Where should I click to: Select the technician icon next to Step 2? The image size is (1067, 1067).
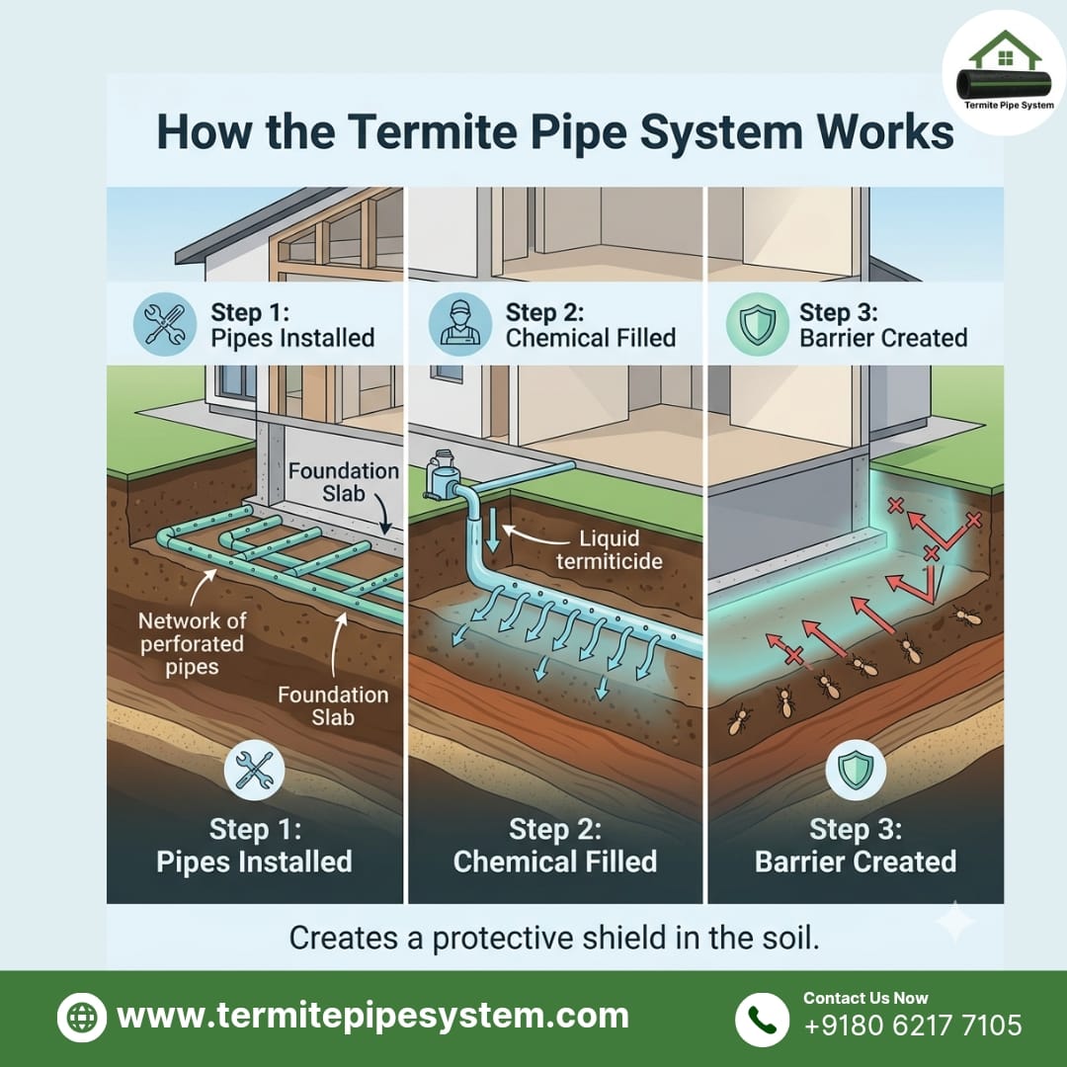pyautogui.click(x=460, y=324)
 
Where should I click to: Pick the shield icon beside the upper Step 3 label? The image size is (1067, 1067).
pyautogui.click(x=757, y=324)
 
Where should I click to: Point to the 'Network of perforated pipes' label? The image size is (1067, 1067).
pyautogui.click(x=193, y=644)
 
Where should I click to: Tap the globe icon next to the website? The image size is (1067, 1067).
pyautogui.click(x=83, y=1018)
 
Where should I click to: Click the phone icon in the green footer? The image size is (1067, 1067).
pyautogui.click(x=762, y=1020)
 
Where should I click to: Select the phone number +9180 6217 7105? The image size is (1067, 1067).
pyautogui.click(x=913, y=1025)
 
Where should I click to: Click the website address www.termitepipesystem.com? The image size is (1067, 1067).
pyautogui.click(x=372, y=1016)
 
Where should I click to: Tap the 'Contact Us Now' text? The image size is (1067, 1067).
pyautogui.click(x=865, y=998)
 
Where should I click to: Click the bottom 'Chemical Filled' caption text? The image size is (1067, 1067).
pyautogui.click(x=554, y=861)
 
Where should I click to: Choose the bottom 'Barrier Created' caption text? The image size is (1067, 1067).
pyautogui.click(x=856, y=861)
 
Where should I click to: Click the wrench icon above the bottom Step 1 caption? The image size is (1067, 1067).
pyautogui.click(x=255, y=772)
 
